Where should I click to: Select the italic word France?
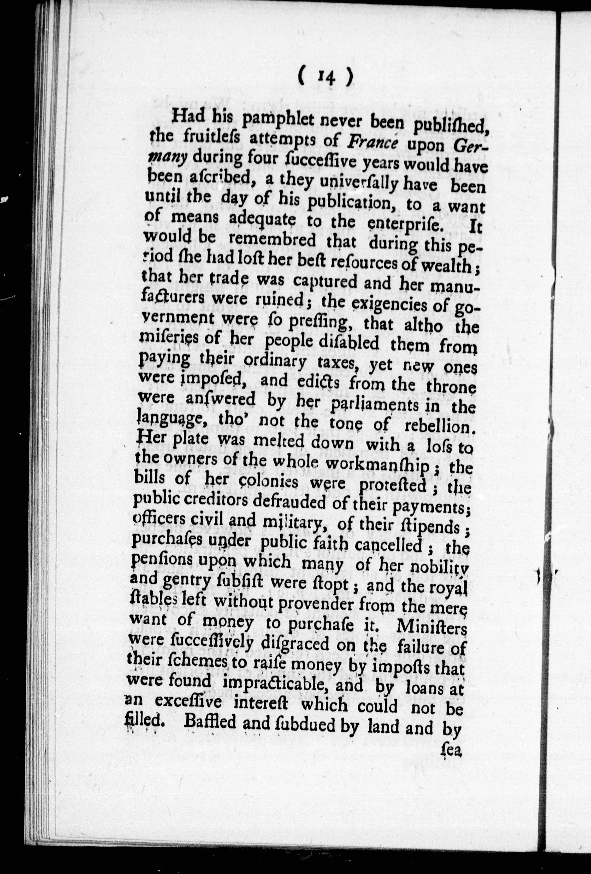[372, 144]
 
